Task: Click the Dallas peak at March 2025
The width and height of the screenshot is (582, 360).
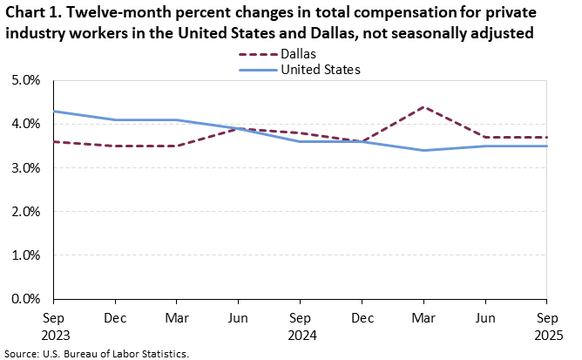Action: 423,106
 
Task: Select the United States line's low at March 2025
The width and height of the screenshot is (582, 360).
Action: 423,150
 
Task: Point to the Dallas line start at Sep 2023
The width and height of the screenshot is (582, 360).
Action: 53,141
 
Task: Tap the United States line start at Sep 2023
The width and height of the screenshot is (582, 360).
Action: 53,111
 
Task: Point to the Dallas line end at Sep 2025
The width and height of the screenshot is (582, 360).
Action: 547,137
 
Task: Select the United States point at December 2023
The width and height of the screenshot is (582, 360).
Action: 115,119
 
